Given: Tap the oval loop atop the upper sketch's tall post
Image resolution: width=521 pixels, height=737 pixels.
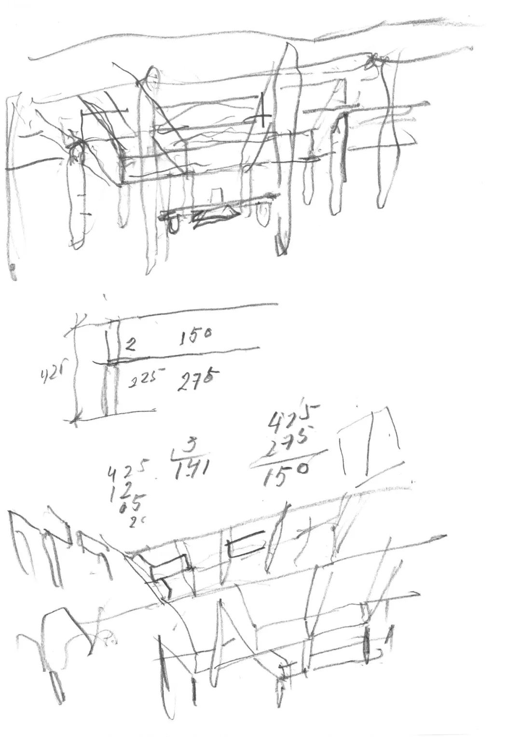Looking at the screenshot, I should (151, 79).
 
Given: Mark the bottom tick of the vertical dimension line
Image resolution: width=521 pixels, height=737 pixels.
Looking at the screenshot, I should (74, 419).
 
